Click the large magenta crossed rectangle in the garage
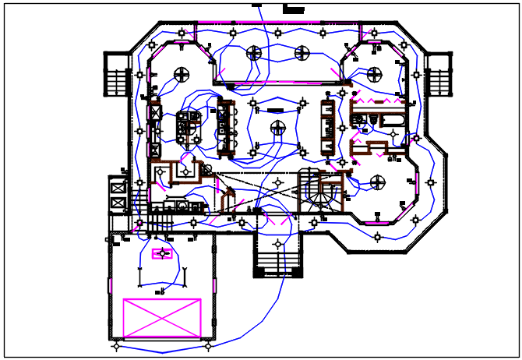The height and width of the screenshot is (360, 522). click(162, 318)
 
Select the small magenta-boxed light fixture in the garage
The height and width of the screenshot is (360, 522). click(163, 254)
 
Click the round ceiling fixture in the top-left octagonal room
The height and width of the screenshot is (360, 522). click(182, 75)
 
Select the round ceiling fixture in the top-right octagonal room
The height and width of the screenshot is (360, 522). click(375, 75)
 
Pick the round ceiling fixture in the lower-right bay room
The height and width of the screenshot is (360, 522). click(377, 183)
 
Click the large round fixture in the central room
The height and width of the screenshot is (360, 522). click(277, 127)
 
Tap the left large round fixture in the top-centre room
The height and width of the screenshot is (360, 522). click(254, 53)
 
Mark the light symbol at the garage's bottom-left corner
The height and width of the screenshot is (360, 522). click(117, 343)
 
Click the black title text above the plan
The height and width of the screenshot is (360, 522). click(293, 10)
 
